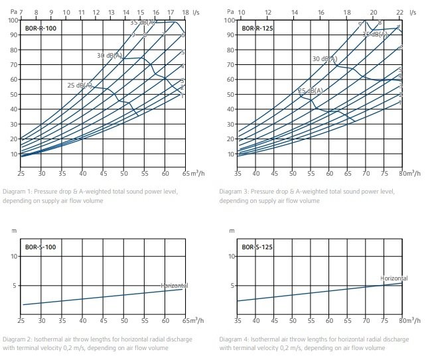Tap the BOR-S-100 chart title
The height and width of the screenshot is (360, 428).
click(x=41, y=248)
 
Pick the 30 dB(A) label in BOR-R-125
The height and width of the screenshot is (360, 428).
click(x=325, y=59)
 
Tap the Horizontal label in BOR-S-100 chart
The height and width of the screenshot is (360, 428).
click(x=175, y=285)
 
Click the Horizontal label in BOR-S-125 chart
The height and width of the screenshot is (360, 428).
click(x=394, y=279)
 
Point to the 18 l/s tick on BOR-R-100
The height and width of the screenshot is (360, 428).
click(x=186, y=12)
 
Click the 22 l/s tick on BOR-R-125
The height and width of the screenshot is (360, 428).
click(x=399, y=12)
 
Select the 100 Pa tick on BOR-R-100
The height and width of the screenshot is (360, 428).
click(x=12, y=20)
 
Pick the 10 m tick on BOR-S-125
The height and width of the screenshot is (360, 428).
click(x=232, y=255)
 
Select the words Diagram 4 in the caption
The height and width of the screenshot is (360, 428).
click(x=234, y=339)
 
